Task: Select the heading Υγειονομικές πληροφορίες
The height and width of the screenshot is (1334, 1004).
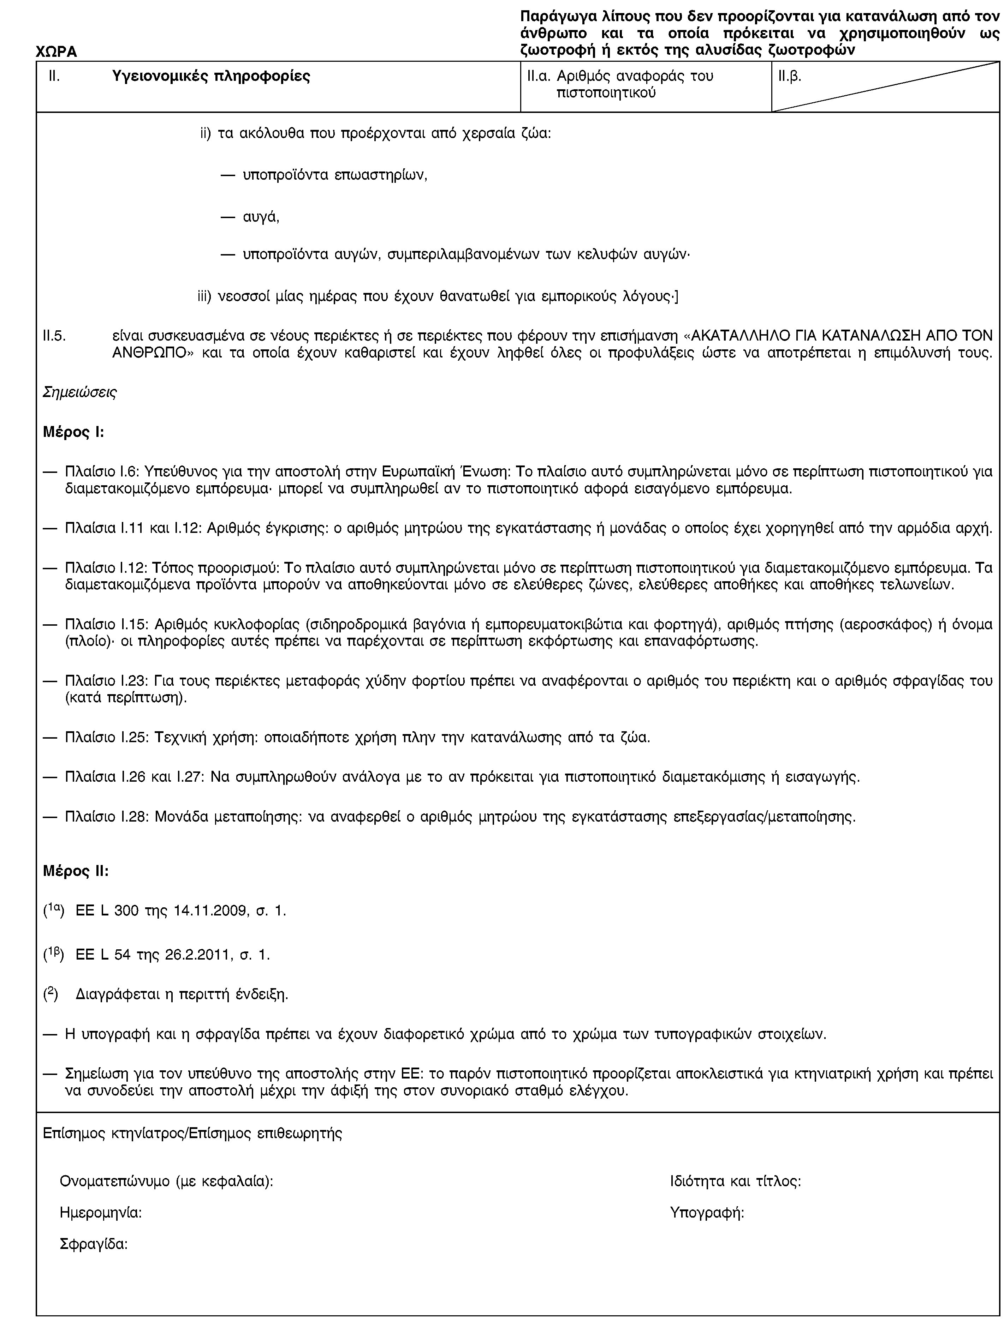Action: click(x=211, y=77)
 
